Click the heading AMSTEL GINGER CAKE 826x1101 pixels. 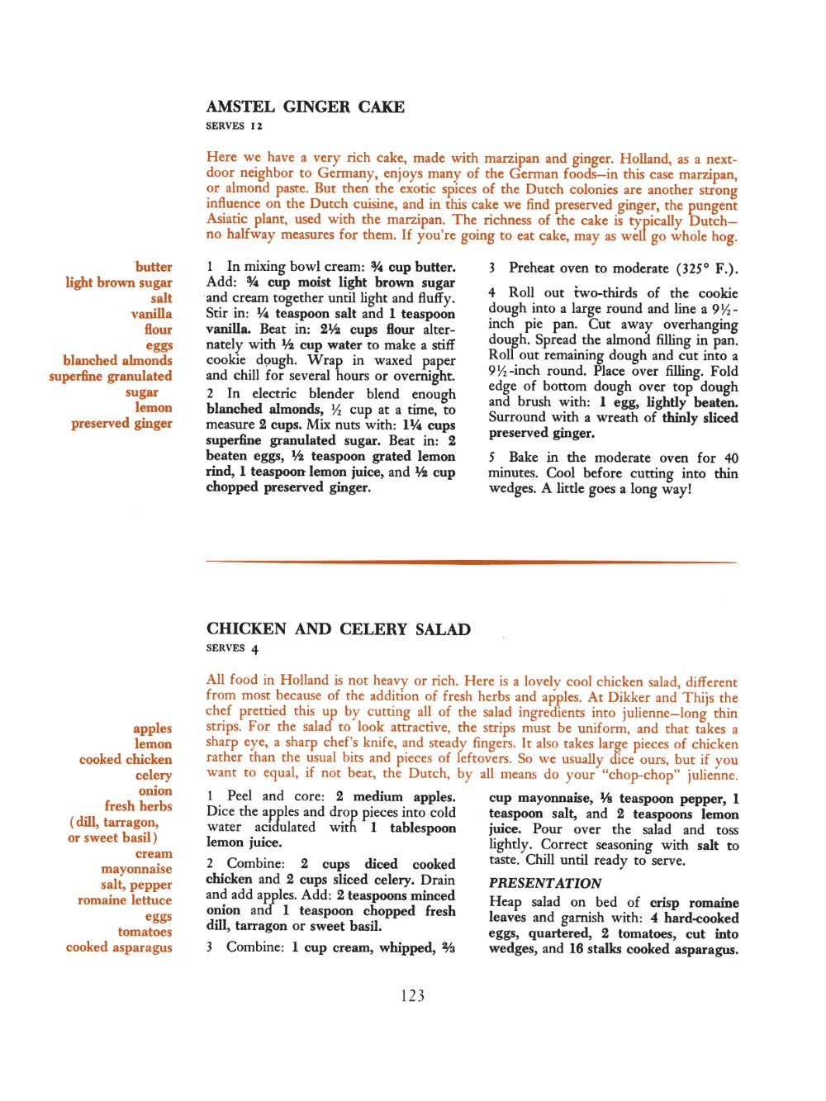305,107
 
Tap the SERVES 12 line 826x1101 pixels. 234,126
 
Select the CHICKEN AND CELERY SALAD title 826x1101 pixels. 339,629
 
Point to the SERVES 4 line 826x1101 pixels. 232,648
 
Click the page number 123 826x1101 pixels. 412,996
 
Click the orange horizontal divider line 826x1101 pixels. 471,562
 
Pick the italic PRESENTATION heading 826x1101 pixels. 545,883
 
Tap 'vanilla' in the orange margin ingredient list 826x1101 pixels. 151,314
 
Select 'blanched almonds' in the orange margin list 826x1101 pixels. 117,361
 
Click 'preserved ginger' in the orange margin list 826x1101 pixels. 121,424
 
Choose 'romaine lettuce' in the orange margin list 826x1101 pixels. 125,900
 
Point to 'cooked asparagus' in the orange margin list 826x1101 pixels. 119,947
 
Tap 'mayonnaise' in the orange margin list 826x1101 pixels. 136,869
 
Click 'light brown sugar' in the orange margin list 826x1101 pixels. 119,282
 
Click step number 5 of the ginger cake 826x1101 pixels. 491,458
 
